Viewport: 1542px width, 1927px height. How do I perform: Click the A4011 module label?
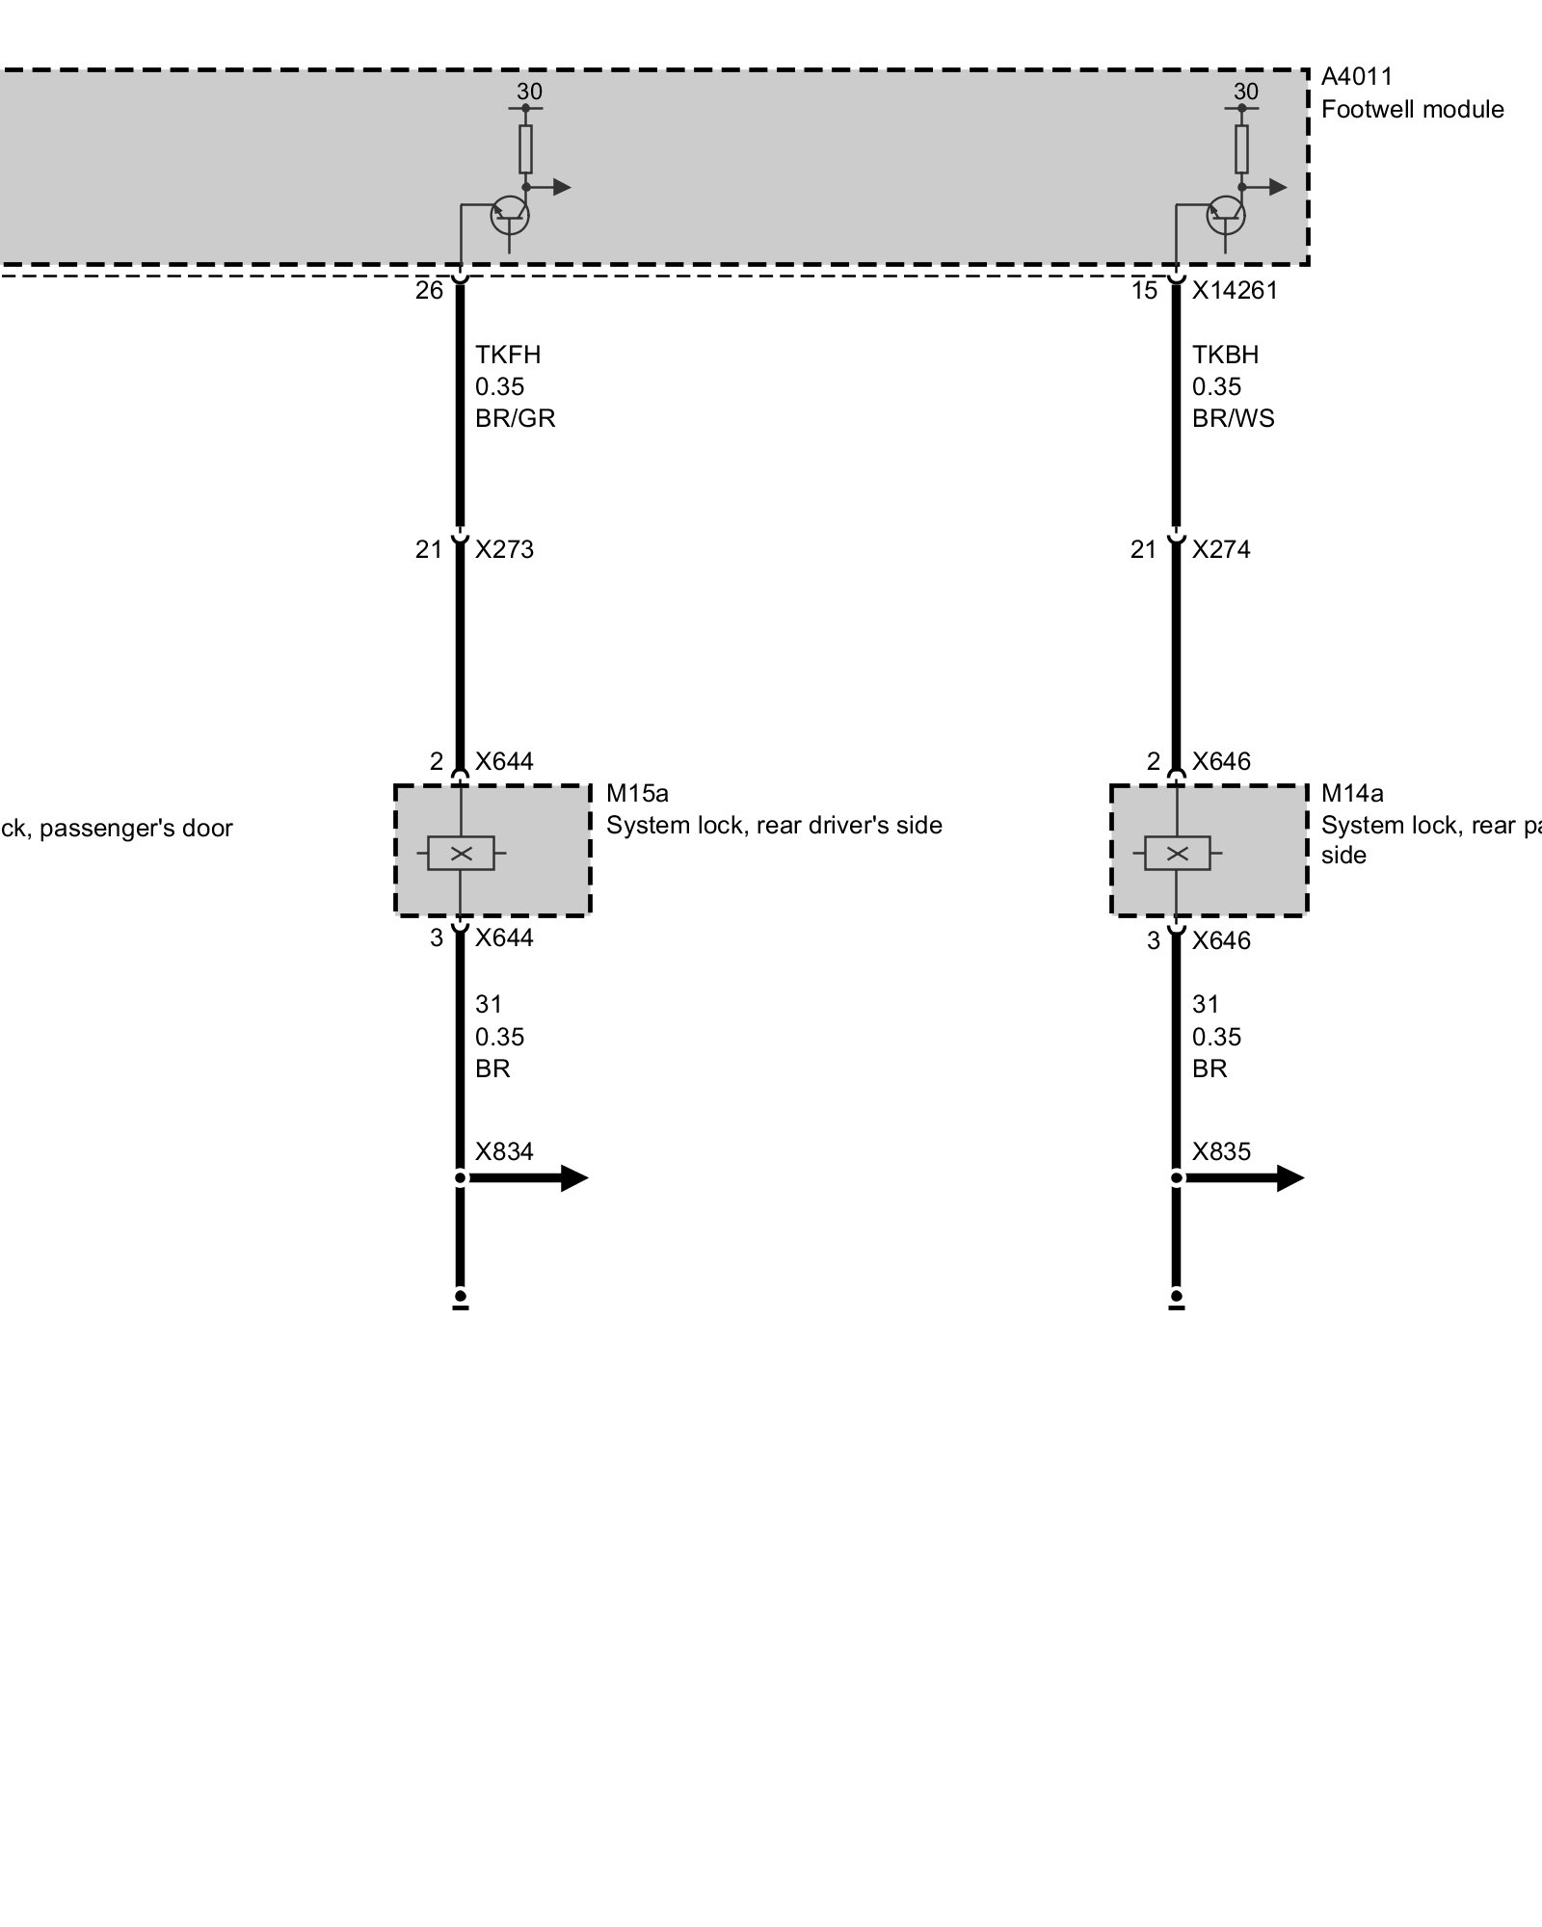[1356, 77]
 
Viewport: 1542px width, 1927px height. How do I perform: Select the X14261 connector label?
[1235, 291]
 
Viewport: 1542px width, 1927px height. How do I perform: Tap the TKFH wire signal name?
[508, 355]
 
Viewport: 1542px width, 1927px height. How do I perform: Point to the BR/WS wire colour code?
[1233, 418]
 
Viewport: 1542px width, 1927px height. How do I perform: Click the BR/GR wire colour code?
[515, 418]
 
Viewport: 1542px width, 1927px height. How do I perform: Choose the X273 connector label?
[504, 549]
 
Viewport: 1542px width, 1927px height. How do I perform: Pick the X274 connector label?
[1221, 549]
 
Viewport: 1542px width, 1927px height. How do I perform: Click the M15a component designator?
[637, 793]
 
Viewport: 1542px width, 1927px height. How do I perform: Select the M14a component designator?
[1352, 793]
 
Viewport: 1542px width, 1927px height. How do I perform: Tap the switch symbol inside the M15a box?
[461, 853]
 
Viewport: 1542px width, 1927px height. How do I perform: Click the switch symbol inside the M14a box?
[1177, 853]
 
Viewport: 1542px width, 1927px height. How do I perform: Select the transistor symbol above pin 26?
[510, 216]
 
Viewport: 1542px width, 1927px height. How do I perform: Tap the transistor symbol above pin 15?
[1226, 216]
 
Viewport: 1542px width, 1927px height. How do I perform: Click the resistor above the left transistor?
[525, 149]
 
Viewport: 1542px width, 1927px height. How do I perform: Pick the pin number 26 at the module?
[429, 291]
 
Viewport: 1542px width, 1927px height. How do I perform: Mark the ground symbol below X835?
[1177, 1300]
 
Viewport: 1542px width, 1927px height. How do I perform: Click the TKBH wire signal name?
[1225, 355]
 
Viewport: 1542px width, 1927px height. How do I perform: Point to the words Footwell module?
[1412, 110]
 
